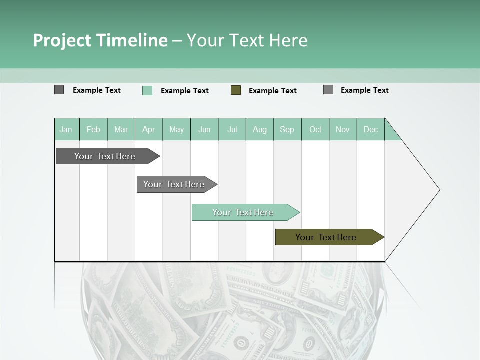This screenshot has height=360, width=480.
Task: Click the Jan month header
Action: tap(66, 129)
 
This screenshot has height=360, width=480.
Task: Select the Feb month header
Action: tap(93, 129)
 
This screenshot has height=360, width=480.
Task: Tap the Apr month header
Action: tap(149, 129)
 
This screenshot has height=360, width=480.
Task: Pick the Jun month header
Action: tap(204, 129)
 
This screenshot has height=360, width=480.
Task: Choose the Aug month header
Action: tap(260, 129)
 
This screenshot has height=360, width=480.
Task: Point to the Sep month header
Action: tap(287, 129)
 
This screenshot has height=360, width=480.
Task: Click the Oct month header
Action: tap(315, 129)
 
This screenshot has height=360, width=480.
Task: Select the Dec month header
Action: tap(371, 129)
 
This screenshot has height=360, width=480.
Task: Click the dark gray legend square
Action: tap(59, 90)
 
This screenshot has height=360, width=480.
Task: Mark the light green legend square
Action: tap(147, 90)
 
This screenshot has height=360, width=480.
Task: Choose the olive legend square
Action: tap(236, 90)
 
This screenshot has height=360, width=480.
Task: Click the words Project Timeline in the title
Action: tap(100, 40)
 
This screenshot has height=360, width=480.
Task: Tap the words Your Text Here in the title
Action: tap(247, 40)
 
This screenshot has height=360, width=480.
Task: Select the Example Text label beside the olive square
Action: tap(273, 91)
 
